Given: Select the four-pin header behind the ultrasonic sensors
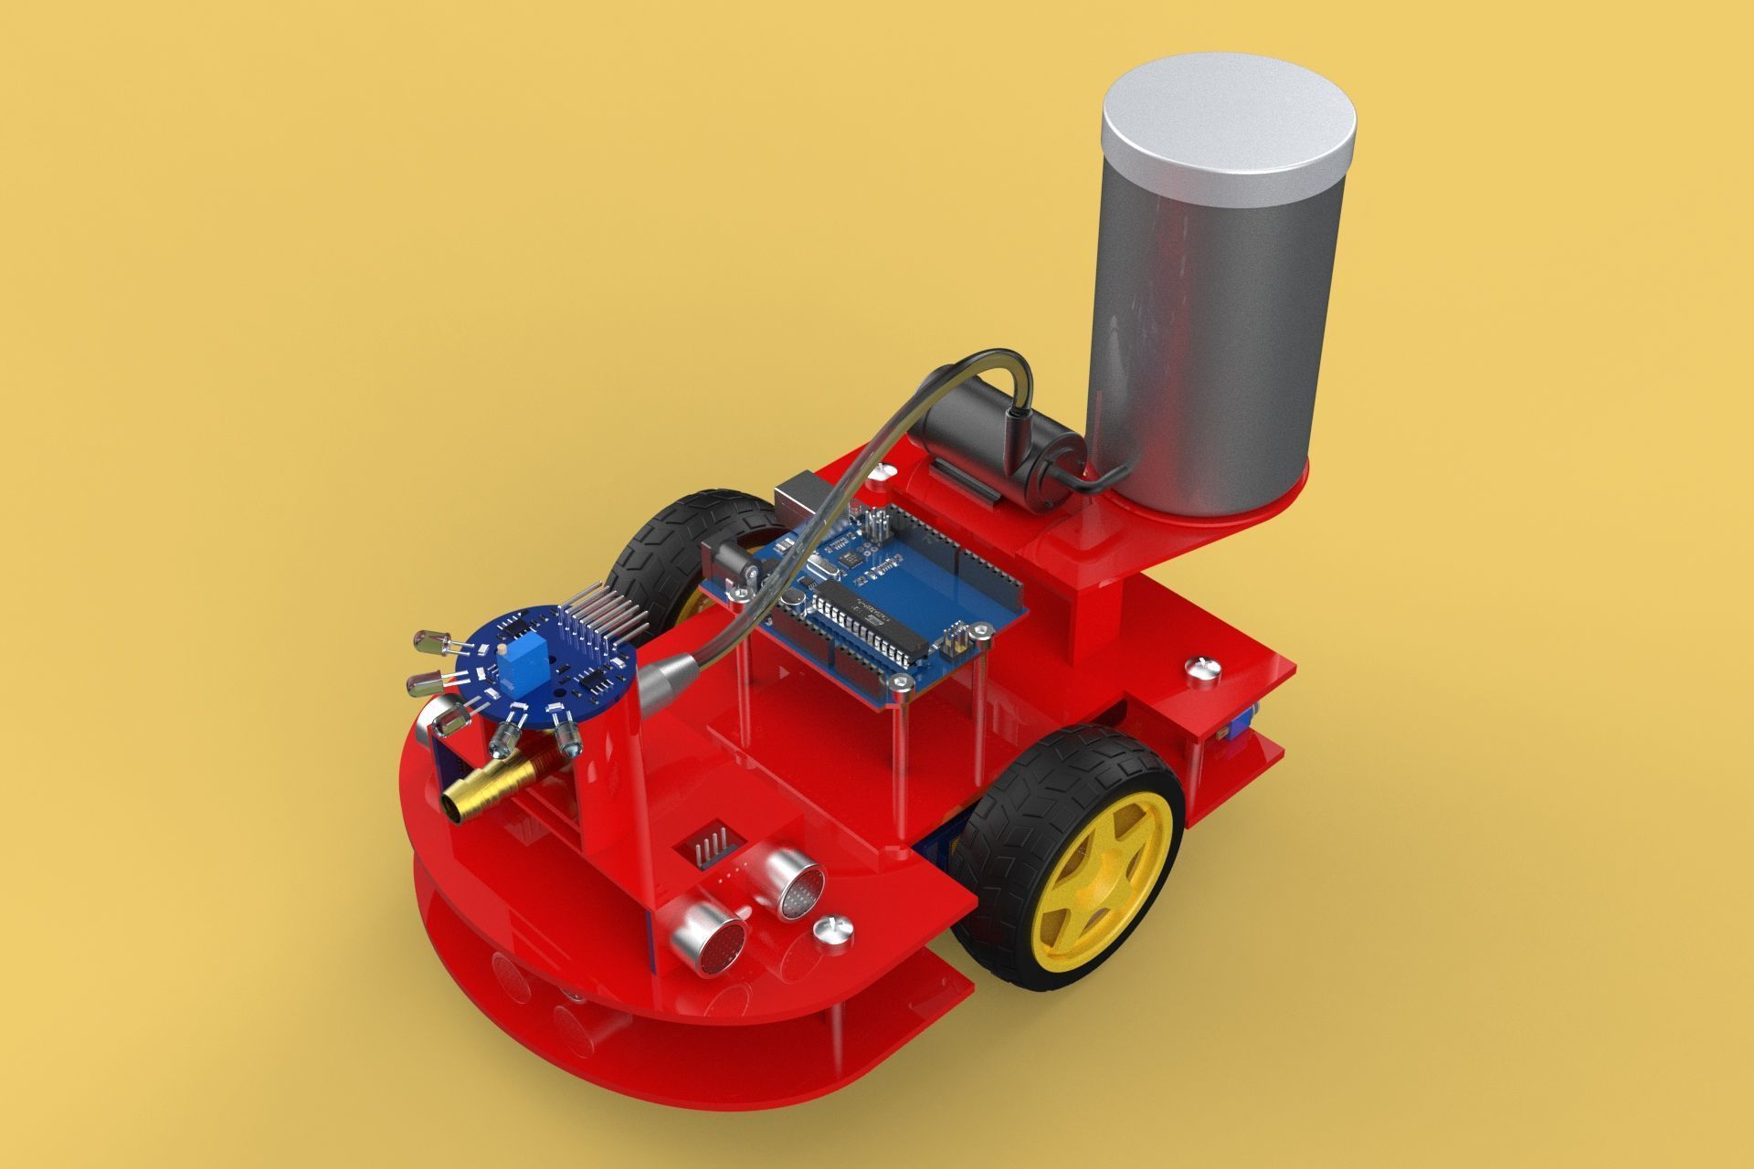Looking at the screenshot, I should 710,848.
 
